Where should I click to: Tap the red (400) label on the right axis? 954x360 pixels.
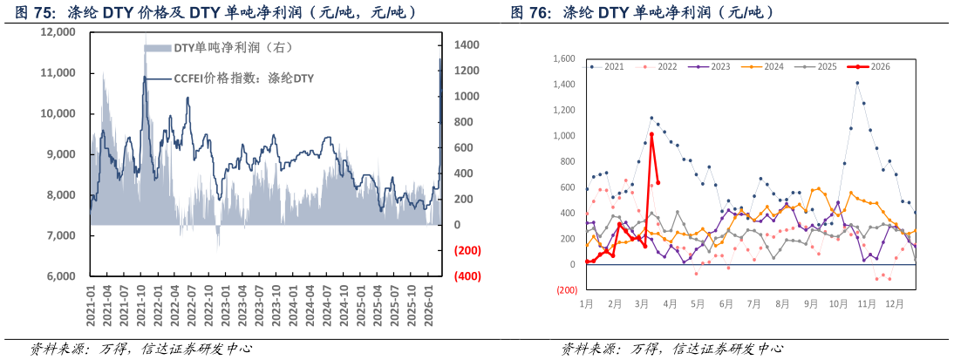[467, 276]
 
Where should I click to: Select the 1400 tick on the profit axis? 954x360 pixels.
[466, 44]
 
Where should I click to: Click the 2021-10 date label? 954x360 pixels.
[142, 306]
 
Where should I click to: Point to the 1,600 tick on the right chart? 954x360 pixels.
[564, 58]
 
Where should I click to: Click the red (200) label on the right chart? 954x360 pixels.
[567, 290]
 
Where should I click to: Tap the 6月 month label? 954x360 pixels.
[726, 304]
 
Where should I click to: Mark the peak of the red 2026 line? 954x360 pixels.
[651, 134]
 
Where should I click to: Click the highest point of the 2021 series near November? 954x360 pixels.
[857, 83]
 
